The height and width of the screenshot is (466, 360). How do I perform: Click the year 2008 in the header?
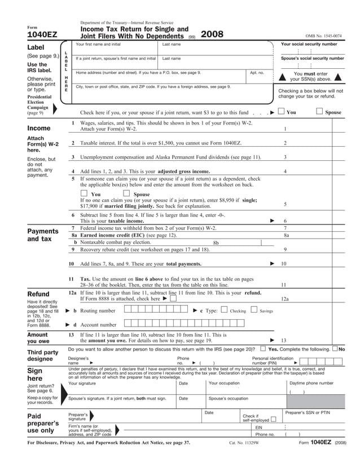(x=212, y=34)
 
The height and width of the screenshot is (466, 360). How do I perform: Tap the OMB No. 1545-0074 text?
(x=323, y=36)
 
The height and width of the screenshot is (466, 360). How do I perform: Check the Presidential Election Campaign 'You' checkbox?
(x=281, y=111)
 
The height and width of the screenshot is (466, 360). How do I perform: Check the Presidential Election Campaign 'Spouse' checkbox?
(x=319, y=111)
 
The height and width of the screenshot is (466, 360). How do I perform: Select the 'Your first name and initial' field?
(x=115, y=47)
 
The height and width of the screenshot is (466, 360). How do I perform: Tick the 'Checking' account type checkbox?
(x=224, y=310)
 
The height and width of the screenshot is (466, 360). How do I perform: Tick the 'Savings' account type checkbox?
(x=253, y=310)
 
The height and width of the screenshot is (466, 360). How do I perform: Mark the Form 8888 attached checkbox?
(x=173, y=298)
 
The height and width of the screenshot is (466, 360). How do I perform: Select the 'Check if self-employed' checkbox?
(x=273, y=420)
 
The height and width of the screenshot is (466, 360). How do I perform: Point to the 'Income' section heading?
(x=39, y=128)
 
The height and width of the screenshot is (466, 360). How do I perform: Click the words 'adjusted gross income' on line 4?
(x=183, y=171)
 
